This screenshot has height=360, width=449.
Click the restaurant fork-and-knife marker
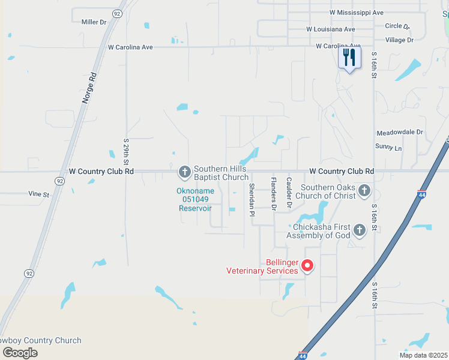pyautogui.click(x=349, y=58)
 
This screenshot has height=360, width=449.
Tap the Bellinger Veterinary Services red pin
pyautogui.click(x=307, y=265)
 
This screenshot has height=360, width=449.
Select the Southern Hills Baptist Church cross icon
pyautogui.click(x=184, y=172)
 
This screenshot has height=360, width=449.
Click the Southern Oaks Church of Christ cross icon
pyautogui.click(x=364, y=191)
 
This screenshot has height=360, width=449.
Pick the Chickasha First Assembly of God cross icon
pyautogui.click(x=359, y=230)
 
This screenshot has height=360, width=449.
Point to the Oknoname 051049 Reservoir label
pyautogui.click(x=194, y=200)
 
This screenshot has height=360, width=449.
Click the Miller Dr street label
pyautogui.click(x=94, y=22)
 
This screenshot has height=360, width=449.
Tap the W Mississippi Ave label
pyautogui.click(x=357, y=13)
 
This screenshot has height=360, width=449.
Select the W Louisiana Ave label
pyautogui.click(x=331, y=29)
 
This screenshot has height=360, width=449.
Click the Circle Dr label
pyautogui.click(x=397, y=26)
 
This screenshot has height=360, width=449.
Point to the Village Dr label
pyautogui.click(x=399, y=40)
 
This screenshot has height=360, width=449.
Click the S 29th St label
pyautogui.click(x=126, y=152)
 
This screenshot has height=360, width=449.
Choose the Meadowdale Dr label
pyautogui.click(x=400, y=132)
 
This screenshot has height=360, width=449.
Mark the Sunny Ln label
pyautogui.click(x=388, y=147)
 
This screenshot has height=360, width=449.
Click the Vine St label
pyautogui.click(x=38, y=194)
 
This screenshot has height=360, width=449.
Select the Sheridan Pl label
pyautogui.click(x=253, y=200)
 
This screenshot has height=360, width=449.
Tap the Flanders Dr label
pyautogui.click(x=273, y=194)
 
